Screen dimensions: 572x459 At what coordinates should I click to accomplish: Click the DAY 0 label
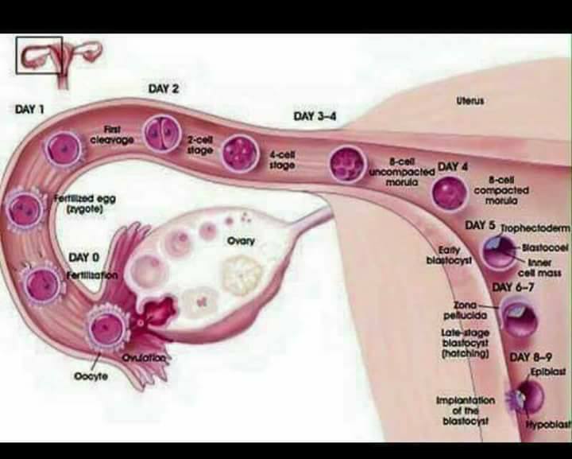[x=83, y=258]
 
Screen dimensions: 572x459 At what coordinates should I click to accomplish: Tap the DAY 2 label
[x=164, y=89]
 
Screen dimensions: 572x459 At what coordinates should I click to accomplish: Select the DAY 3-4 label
[x=315, y=116]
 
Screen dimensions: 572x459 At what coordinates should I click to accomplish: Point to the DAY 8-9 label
[x=531, y=356]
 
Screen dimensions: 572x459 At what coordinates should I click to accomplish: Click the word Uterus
[x=470, y=101]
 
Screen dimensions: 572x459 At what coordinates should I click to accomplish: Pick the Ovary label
[x=241, y=241]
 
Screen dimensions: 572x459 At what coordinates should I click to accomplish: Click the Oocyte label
[x=91, y=376]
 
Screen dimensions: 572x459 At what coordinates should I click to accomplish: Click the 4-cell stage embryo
[x=240, y=153]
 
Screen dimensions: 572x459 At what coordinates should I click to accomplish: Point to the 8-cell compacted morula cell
[x=449, y=193]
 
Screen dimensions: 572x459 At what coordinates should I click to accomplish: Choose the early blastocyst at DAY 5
[x=500, y=251]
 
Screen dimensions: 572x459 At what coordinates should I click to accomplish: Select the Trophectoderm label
[x=535, y=228]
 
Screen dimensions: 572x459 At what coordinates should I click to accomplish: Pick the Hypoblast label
[x=548, y=423]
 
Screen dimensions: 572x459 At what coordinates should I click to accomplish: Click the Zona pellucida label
[x=466, y=310]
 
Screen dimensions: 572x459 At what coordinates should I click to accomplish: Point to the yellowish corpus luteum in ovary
[x=242, y=275]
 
